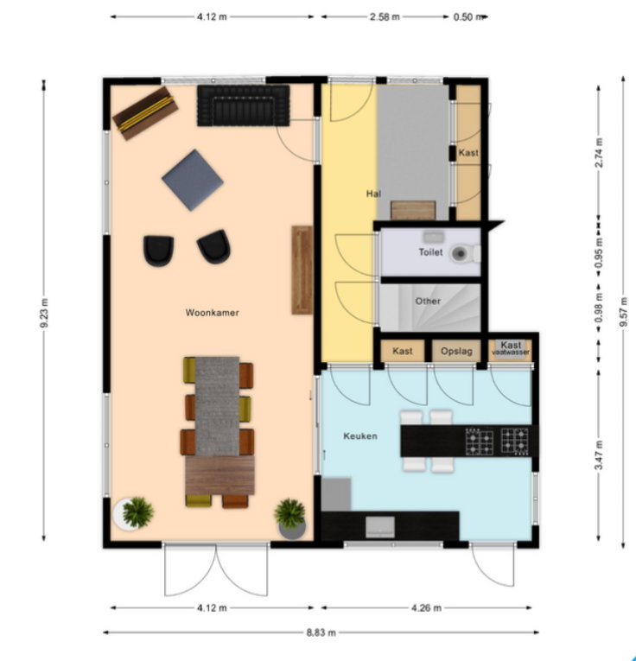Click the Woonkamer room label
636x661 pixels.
pos(212,313)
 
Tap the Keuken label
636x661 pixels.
pos(360,435)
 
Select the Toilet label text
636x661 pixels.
pos(430,252)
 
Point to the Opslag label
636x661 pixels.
pos(456,351)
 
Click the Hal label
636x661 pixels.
pos(373,194)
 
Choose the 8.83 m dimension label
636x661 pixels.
pos(321,632)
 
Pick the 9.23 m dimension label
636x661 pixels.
pos(44,313)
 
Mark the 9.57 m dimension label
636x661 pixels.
pos(623,312)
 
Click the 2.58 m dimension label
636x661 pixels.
pos(385,17)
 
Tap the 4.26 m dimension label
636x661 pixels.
pos(427,608)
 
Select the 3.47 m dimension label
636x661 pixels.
pos(599,454)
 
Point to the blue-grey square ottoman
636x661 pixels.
pos(193,180)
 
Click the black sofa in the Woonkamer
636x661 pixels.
pos(244,105)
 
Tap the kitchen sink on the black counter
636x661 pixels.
pos(380,527)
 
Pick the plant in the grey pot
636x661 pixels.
pos(291,518)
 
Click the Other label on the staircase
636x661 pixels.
pos(428,301)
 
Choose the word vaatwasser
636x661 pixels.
pos(511,352)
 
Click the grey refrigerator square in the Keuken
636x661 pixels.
pos(336,494)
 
